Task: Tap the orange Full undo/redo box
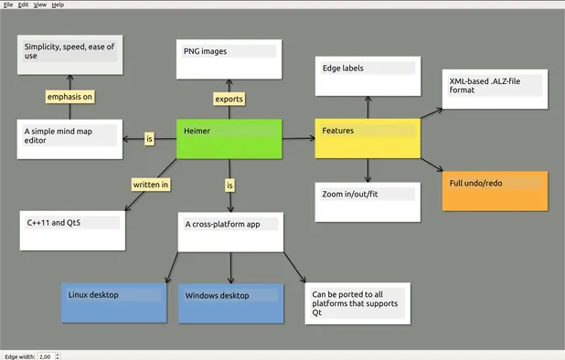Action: tap(496, 191)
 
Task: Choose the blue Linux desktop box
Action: tap(113, 302)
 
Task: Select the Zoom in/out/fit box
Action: tap(368, 202)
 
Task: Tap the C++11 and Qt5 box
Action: tap(72, 231)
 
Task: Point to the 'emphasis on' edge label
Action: tap(70, 96)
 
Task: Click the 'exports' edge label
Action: tap(229, 98)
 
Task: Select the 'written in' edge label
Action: tap(152, 185)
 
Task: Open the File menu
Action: tap(8, 5)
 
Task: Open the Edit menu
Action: tap(23, 5)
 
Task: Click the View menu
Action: tap(40, 5)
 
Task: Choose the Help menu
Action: tap(58, 5)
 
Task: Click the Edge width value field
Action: tap(45, 355)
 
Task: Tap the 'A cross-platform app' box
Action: tap(230, 232)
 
